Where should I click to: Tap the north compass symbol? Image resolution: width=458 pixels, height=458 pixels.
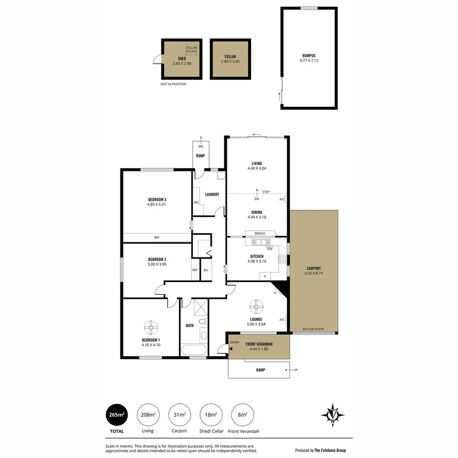pos(332,414)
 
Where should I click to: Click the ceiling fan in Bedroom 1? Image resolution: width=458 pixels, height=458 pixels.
pos(151,327)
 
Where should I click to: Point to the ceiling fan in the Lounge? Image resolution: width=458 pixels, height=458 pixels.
pos(256,306)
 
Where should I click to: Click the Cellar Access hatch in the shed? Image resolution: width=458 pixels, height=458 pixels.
pos(191,49)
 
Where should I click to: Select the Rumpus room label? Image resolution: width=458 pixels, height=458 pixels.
pos(309,56)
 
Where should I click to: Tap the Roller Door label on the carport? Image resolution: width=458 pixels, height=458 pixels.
pos(313,330)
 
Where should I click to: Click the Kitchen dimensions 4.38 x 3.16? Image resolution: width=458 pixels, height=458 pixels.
pos(257,261)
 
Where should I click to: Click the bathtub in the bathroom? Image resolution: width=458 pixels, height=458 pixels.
pos(194,351)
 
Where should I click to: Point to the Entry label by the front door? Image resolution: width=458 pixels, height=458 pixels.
pos(235,343)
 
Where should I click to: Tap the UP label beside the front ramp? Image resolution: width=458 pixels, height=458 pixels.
pos(296,370)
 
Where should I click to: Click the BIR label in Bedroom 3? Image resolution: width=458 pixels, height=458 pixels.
pos(156,238)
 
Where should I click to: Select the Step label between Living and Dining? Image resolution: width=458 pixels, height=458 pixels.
pos(266,192)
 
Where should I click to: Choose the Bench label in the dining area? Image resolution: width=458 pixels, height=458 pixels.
pos(260,233)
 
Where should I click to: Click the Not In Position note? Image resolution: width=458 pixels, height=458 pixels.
pos(173,84)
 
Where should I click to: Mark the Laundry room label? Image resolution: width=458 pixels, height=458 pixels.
pos(212,195)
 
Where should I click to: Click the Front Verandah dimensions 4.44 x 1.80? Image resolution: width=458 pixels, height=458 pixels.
pos(259,349)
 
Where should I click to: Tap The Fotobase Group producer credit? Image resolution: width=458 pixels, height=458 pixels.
pos(320,450)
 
